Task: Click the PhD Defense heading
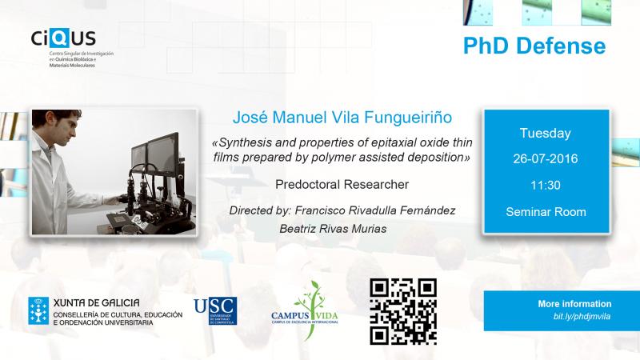click(x=534, y=46)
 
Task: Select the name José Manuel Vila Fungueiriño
click(x=342, y=118)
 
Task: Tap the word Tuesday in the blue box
click(x=546, y=134)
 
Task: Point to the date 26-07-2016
click(x=546, y=158)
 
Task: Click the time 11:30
click(x=546, y=186)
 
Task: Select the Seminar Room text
click(x=546, y=212)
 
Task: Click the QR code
click(x=403, y=311)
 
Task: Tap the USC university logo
click(x=215, y=311)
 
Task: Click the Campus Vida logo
click(x=305, y=311)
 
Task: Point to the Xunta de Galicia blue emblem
click(x=38, y=310)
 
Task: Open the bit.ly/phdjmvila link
click(x=582, y=316)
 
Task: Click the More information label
click(x=574, y=304)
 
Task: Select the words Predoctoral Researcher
click(x=342, y=185)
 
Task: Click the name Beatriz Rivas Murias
click(x=333, y=229)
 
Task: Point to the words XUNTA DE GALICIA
click(x=96, y=303)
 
